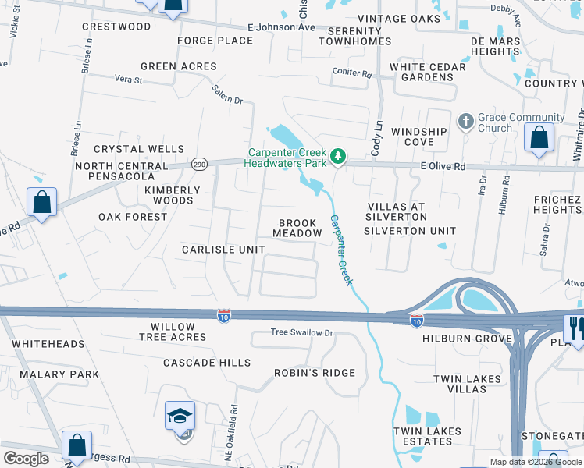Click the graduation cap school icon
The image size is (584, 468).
click(x=180, y=417)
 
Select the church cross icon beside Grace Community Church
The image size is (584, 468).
click(x=466, y=121)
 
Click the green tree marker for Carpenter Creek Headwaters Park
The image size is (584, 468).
click(x=338, y=157)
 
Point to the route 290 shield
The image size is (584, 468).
click(x=199, y=165)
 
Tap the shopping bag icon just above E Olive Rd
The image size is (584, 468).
click(x=539, y=138)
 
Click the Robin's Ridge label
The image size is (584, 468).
click(x=314, y=373)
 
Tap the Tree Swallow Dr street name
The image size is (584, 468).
click(x=301, y=332)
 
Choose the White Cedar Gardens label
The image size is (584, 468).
click(x=428, y=72)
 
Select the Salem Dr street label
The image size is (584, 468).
click(x=227, y=95)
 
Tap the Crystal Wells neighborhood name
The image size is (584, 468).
click(x=139, y=149)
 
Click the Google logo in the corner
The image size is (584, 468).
click(x=26, y=458)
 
